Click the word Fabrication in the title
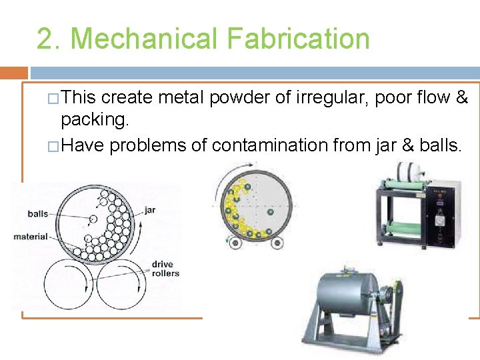coord(298,38)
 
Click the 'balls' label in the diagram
coord(38,214)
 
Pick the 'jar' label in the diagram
coord(150,210)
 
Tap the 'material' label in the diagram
coord(31,236)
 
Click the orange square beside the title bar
coord(13,73)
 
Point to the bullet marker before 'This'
coord(53,99)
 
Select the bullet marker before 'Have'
coord(53,145)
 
